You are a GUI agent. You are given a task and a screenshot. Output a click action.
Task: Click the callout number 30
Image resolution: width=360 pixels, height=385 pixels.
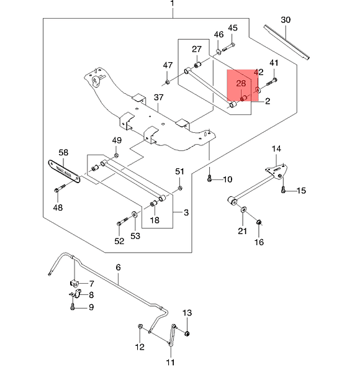[286, 20]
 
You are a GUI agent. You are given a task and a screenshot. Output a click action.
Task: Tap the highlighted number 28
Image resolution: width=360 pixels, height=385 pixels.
[241, 83]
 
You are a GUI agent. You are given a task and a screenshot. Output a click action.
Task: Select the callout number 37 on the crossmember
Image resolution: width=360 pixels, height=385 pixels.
[158, 97]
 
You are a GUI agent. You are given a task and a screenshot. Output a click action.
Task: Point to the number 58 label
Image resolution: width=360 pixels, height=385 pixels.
[63, 153]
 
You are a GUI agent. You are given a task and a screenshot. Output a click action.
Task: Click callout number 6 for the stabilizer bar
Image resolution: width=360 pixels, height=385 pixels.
[119, 268]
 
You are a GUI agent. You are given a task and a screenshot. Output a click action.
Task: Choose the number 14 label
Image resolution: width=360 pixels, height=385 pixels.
[276, 149]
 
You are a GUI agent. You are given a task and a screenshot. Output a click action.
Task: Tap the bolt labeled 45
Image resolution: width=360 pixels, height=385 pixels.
[228, 47]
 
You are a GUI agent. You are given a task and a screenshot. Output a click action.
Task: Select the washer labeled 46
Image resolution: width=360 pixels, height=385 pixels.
[218, 52]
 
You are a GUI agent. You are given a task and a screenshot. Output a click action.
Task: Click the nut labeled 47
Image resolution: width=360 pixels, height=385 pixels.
[168, 82]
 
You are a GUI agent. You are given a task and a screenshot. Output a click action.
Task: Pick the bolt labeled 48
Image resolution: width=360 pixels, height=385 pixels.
[60, 188]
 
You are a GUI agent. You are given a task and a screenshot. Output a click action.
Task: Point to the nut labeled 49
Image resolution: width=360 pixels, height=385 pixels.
[117, 155]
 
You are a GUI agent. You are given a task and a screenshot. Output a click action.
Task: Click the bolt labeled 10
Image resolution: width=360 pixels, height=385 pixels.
[209, 178]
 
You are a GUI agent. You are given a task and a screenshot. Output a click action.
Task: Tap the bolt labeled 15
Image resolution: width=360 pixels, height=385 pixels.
[284, 189]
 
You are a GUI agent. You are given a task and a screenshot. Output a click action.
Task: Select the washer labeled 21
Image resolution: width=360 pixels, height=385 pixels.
[243, 210]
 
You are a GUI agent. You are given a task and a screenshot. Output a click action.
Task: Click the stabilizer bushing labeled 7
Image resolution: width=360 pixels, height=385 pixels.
[74, 283]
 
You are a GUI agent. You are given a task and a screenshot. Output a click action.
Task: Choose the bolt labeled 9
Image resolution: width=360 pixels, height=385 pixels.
[72, 307]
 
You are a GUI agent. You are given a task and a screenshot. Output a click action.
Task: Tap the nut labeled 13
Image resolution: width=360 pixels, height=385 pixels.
[187, 333]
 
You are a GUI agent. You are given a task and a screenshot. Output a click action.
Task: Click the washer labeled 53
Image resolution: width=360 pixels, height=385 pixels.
[135, 214]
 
